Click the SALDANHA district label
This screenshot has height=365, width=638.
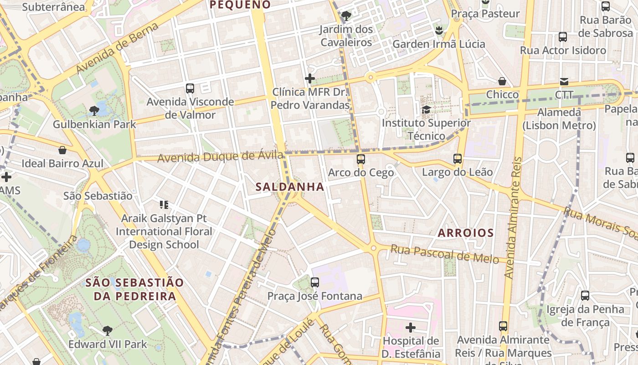click(290, 187)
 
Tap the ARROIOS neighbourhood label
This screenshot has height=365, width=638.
click(466, 233)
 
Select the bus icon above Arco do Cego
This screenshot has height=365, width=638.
click(361, 159)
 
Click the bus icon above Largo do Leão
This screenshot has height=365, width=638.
click(458, 159)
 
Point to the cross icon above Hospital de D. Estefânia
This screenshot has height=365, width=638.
click(411, 327)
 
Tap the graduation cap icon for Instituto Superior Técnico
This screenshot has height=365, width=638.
click(426, 109)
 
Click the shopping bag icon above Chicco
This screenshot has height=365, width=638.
click(502, 81)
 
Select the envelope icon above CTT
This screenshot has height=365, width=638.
click(564, 82)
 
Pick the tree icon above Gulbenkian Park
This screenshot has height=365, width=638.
click(94, 110)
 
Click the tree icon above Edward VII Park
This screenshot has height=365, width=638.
click(108, 330)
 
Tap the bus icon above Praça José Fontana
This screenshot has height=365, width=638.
click(314, 282)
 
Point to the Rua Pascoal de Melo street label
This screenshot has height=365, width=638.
click(445, 254)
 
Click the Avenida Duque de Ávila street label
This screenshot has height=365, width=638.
click(221, 157)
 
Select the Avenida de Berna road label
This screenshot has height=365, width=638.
click(118, 48)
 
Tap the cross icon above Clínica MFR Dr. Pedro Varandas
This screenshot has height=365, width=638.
click(310, 78)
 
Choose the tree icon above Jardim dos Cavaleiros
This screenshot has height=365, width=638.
click(346, 16)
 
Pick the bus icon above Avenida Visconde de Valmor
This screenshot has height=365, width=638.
click(190, 88)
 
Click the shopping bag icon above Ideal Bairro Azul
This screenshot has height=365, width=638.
click(62, 150)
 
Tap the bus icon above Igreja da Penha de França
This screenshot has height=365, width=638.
click(585, 296)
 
